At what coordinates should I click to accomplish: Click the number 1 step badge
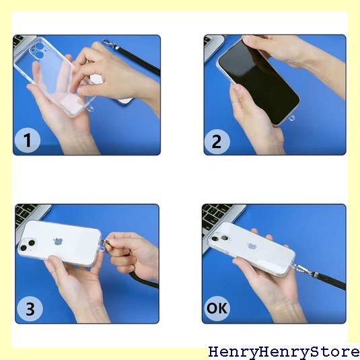point(28,140)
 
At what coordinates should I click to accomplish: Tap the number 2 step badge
point(217,141)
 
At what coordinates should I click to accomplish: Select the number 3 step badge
point(30,309)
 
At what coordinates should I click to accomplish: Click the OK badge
point(217,308)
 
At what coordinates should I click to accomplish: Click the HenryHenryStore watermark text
point(284,352)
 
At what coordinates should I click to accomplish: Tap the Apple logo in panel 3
point(58,242)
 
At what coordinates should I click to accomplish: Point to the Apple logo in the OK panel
point(252,246)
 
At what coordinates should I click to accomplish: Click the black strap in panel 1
point(139,60)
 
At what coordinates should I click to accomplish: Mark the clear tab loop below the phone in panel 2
point(292,118)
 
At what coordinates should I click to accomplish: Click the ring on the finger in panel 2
point(236,100)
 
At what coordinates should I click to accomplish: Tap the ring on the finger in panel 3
point(53,271)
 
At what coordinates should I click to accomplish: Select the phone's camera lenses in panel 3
point(28,245)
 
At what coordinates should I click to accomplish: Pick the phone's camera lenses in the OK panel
point(220,238)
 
